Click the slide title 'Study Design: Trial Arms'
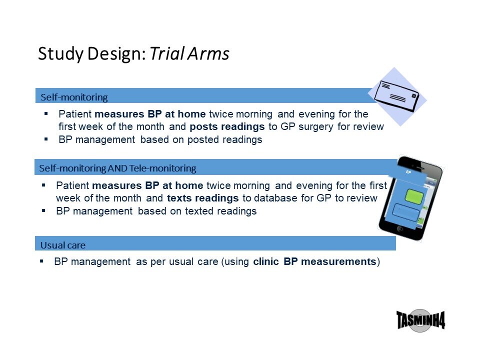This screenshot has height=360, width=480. [x=133, y=53]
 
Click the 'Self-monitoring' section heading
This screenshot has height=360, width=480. [x=74, y=97]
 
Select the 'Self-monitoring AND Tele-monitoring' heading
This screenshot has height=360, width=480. [x=117, y=168]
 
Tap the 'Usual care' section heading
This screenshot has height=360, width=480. [x=63, y=245]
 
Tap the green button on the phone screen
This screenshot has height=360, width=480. [x=414, y=196]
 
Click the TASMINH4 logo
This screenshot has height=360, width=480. [x=420, y=320]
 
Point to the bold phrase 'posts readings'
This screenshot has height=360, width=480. [x=227, y=126]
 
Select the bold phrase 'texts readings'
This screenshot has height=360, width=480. [x=202, y=198]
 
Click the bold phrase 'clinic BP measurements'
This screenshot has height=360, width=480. [x=314, y=261]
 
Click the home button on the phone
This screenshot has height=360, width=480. [x=400, y=228]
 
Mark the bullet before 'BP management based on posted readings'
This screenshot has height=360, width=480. [x=46, y=139]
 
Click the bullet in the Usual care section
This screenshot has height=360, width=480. [x=41, y=261]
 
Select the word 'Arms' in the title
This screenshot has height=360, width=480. [x=208, y=53]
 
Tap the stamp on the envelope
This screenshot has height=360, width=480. [x=414, y=96]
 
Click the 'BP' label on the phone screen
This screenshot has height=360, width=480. [x=408, y=172]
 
